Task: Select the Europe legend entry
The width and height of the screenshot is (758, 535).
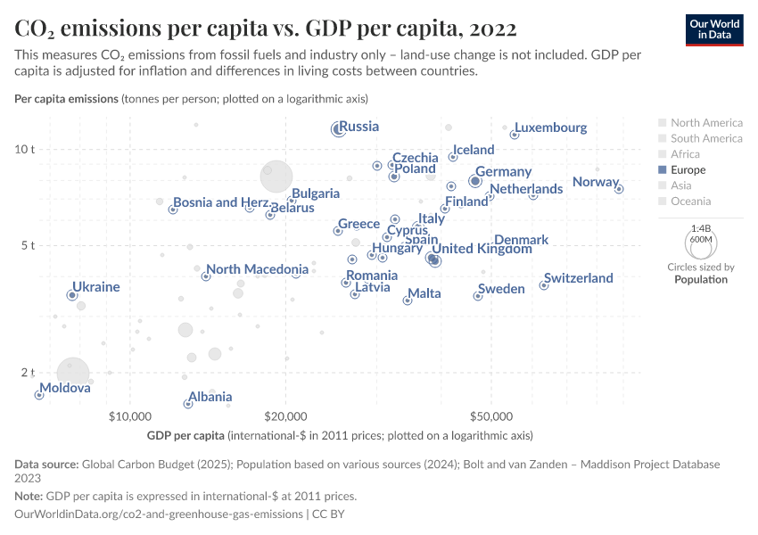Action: click(x=687, y=169)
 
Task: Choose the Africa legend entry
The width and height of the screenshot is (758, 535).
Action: click(x=685, y=154)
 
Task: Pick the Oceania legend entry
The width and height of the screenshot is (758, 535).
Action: click(x=690, y=202)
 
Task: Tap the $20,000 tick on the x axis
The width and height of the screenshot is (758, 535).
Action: click(x=285, y=416)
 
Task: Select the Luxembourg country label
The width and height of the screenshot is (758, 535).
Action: click(x=551, y=128)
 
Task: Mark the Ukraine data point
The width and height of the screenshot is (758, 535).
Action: click(x=72, y=295)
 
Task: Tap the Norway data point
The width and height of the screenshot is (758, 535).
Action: click(x=619, y=189)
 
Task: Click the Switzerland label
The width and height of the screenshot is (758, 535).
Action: click(x=579, y=278)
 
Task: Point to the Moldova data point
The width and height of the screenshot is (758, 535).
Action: click(x=39, y=395)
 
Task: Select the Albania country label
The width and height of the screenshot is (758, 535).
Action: click(x=210, y=397)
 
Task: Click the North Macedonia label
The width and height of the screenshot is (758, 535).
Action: click(x=257, y=269)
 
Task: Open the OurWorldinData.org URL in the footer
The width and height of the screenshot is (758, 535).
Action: click(x=159, y=514)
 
